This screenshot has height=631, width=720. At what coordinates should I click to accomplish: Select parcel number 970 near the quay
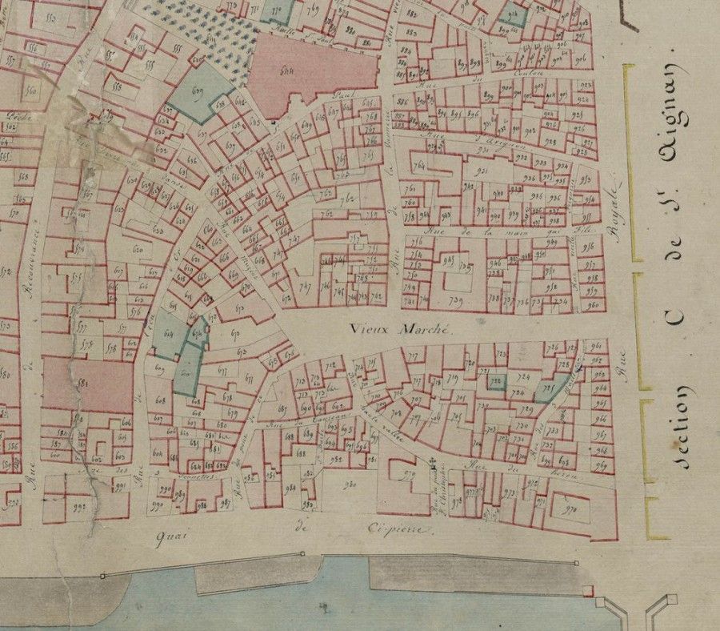[570, 508]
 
